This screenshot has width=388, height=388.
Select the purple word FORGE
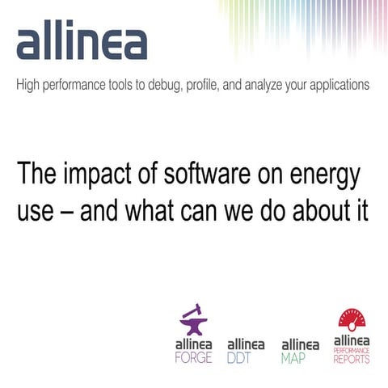194,357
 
